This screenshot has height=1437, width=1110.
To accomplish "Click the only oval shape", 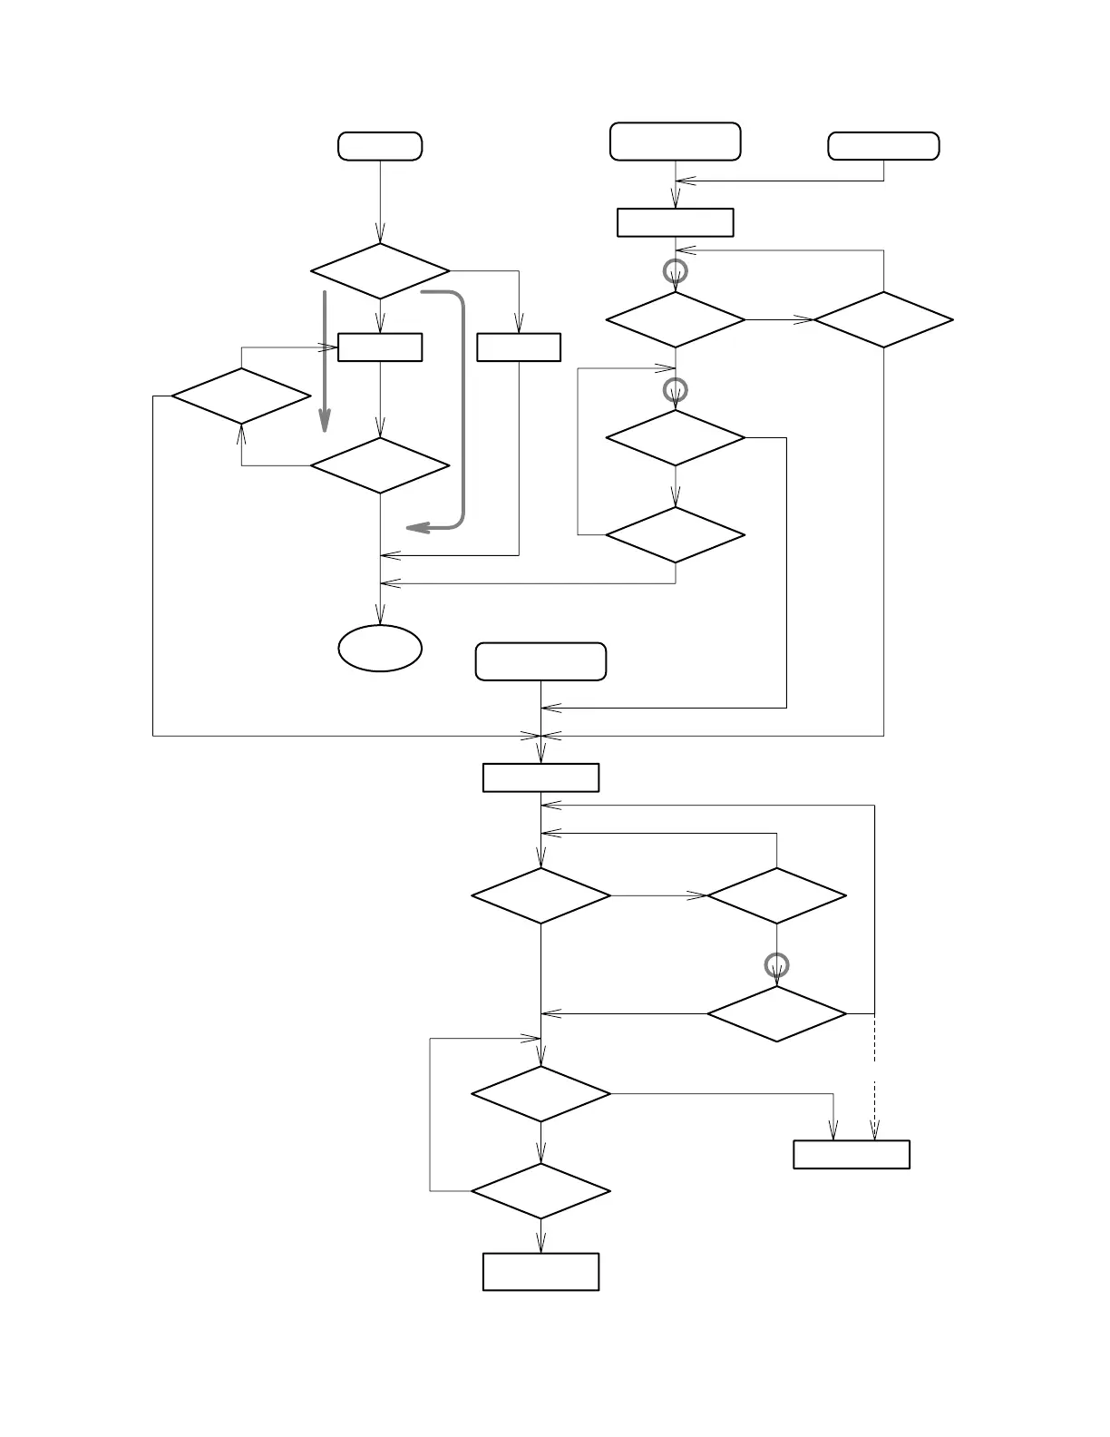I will (380, 648).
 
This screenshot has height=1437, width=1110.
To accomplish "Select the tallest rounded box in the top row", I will (676, 142).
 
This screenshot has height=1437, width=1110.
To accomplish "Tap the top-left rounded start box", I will (380, 146).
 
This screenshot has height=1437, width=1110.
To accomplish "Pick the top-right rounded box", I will (883, 146).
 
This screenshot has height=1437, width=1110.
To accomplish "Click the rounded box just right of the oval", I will (540, 661).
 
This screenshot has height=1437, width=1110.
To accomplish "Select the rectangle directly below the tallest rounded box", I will (676, 222).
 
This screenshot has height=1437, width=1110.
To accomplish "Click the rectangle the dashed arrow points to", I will (852, 1154).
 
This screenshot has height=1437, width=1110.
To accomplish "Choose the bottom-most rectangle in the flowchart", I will (540, 1271).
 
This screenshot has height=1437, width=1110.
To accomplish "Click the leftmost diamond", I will (241, 396).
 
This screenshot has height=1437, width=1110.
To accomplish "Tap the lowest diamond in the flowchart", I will (540, 1191).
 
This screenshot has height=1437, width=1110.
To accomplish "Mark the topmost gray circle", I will (676, 270).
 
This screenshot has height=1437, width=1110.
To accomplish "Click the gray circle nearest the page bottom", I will (777, 965).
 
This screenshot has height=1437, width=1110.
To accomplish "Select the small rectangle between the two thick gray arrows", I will (380, 347).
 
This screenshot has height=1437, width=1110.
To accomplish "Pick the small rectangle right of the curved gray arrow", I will (519, 347).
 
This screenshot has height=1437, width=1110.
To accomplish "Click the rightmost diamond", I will (883, 319).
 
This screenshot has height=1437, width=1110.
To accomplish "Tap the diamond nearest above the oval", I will (380, 466).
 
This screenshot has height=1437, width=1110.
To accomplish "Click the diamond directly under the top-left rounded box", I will (380, 270).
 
